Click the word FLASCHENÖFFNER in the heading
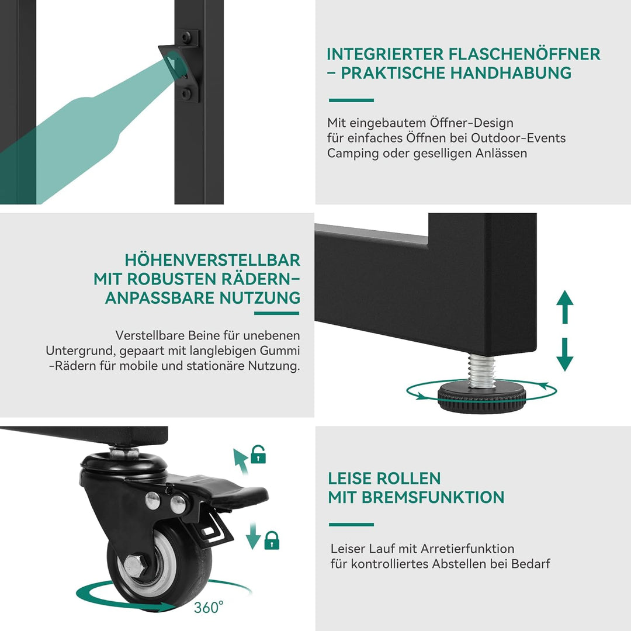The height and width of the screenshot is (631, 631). click(524, 54)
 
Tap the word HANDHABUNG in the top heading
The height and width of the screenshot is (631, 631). click(511, 73)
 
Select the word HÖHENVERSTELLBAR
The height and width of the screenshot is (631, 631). click(212, 260)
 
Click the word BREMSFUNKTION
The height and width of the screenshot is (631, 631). click(432, 497)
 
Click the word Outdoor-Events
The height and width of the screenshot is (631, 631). click(518, 138)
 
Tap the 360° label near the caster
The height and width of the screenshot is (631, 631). click(209, 607)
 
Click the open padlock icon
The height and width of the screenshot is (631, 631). click(258, 455)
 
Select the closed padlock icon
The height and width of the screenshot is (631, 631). click(272, 540)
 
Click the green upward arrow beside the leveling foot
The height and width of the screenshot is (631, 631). click(564, 307)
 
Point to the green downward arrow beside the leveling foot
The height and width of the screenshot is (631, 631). click(564, 354)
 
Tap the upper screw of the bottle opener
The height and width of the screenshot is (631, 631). click(186, 37)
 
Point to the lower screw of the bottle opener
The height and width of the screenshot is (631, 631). click(186, 93)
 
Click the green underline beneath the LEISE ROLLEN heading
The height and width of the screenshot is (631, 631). click(351, 524)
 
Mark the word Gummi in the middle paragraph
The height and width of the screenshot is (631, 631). click(280, 351)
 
